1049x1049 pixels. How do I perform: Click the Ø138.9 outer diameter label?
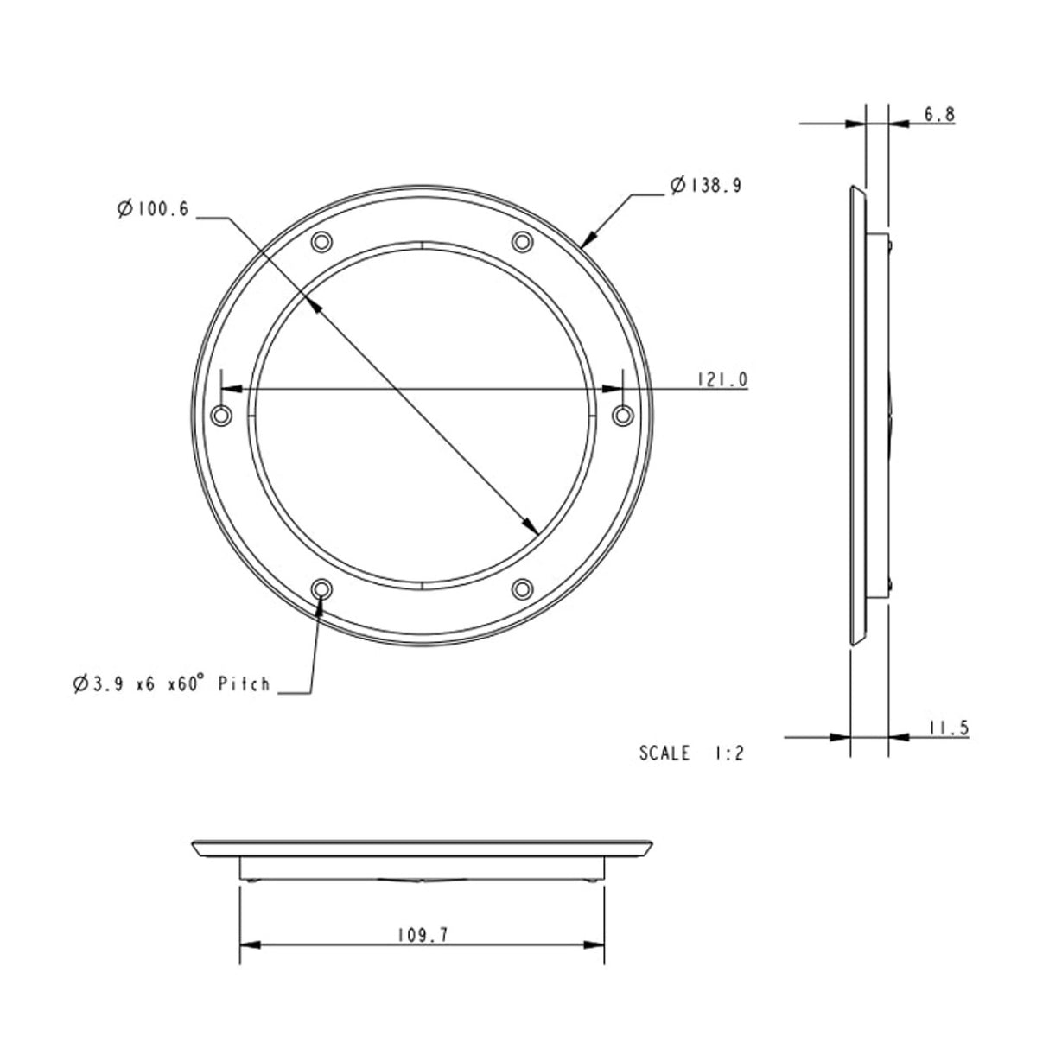(x=706, y=185)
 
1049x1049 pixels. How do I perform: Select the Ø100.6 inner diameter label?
(x=152, y=209)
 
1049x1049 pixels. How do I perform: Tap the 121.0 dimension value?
(x=721, y=379)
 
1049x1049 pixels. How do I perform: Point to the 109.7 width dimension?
(x=423, y=934)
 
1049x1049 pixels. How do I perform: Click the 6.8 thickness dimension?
(x=938, y=115)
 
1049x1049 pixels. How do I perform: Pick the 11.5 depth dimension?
(x=949, y=728)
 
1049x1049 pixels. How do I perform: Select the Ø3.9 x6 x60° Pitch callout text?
(x=171, y=684)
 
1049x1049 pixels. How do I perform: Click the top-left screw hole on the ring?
(x=321, y=241)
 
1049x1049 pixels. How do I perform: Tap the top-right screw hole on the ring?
(x=522, y=241)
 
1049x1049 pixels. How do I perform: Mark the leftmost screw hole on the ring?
(x=222, y=416)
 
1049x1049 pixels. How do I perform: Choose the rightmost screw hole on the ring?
(x=622, y=416)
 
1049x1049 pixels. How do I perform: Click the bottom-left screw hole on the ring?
(x=321, y=589)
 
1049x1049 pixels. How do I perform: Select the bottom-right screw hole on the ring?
(x=522, y=589)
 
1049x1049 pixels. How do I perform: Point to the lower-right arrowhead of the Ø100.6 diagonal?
(x=532, y=526)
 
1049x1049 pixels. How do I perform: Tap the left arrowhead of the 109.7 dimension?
(x=247, y=944)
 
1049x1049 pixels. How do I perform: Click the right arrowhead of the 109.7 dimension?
(x=596, y=944)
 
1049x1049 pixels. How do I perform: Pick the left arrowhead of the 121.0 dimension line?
(x=230, y=390)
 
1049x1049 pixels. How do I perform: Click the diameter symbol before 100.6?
(x=124, y=209)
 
